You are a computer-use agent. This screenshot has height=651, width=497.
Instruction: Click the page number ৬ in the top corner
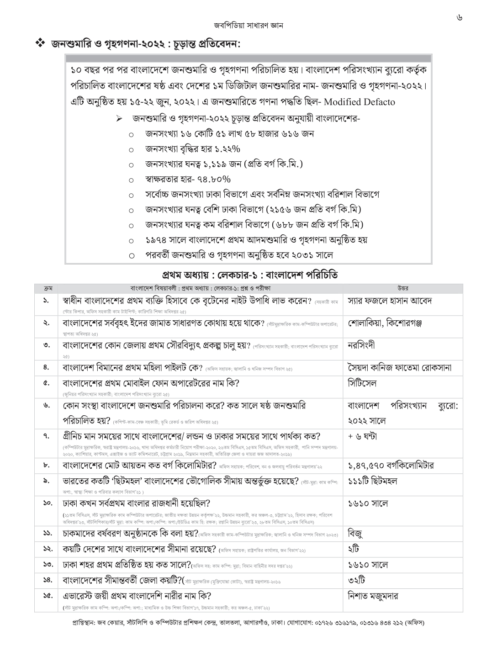pos(459,18)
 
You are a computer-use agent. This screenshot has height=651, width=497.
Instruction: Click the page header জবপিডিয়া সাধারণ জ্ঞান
pos(248,26)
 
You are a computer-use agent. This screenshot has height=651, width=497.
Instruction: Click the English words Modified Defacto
pos(360,101)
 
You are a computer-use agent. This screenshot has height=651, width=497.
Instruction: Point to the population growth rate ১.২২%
pos(222,149)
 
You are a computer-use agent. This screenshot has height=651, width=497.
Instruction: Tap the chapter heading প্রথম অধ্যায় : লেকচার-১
pos(250,275)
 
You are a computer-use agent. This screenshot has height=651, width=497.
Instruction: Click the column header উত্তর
pos(402,288)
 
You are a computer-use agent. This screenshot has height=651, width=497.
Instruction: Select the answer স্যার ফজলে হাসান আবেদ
pos(390,301)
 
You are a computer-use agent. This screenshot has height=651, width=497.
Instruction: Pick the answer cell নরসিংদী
pos(361,345)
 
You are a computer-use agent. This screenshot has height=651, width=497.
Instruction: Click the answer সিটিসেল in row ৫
pos(362,383)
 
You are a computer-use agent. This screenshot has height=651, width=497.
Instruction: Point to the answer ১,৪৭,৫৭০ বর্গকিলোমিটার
pos(391,466)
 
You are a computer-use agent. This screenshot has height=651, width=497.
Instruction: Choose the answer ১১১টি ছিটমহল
pos(373,481)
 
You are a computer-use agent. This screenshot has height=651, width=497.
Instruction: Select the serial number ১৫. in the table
pos(47,596)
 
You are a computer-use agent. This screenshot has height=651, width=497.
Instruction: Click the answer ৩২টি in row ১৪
pos(356,580)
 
